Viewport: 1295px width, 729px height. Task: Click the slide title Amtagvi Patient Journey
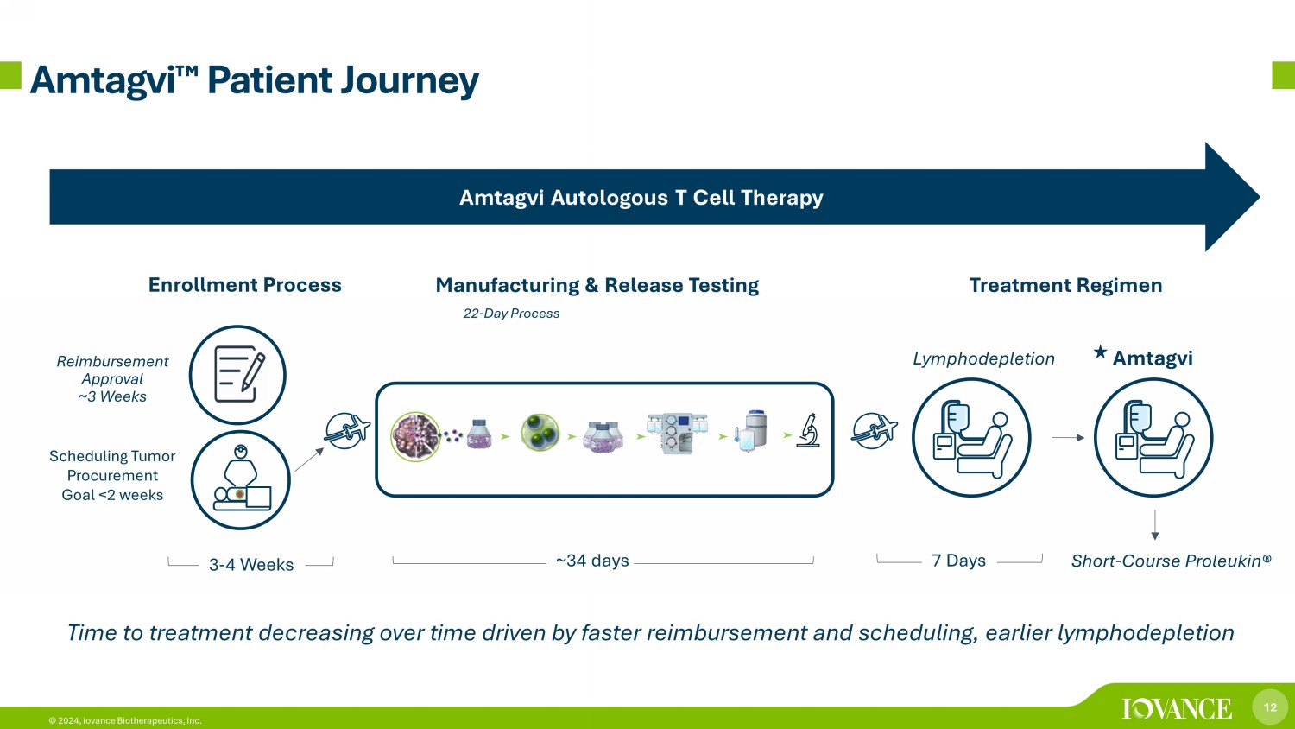tap(254, 80)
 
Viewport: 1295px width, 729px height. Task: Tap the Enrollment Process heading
tap(244, 285)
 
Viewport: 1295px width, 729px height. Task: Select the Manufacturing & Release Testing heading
tap(597, 285)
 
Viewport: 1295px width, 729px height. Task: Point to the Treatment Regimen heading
tap(1065, 285)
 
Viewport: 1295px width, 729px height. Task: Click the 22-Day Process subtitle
tap(511, 314)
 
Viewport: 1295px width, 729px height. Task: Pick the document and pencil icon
tap(237, 375)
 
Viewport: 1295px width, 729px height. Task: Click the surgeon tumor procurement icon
tap(240, 480)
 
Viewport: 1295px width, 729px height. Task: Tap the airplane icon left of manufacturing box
tap(347, 430)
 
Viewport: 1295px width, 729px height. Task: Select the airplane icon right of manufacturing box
tap(874, 430)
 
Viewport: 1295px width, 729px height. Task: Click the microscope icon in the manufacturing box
tap(808, 430)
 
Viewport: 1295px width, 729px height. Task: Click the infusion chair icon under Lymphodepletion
tap(971, 437)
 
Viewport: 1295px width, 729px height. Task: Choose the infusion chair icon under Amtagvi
tap(1153, 437)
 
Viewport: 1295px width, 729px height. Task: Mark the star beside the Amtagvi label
tap(1100, 352)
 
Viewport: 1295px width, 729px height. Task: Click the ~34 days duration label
tap(592, 561)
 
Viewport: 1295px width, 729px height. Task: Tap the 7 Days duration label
tap(958, 561)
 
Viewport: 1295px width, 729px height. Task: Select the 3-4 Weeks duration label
tap(251, 565)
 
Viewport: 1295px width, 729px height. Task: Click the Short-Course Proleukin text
tap(1171, 561)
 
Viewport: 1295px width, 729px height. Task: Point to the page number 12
tap(1270, 707)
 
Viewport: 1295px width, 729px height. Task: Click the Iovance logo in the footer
tap(1177, 709)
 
